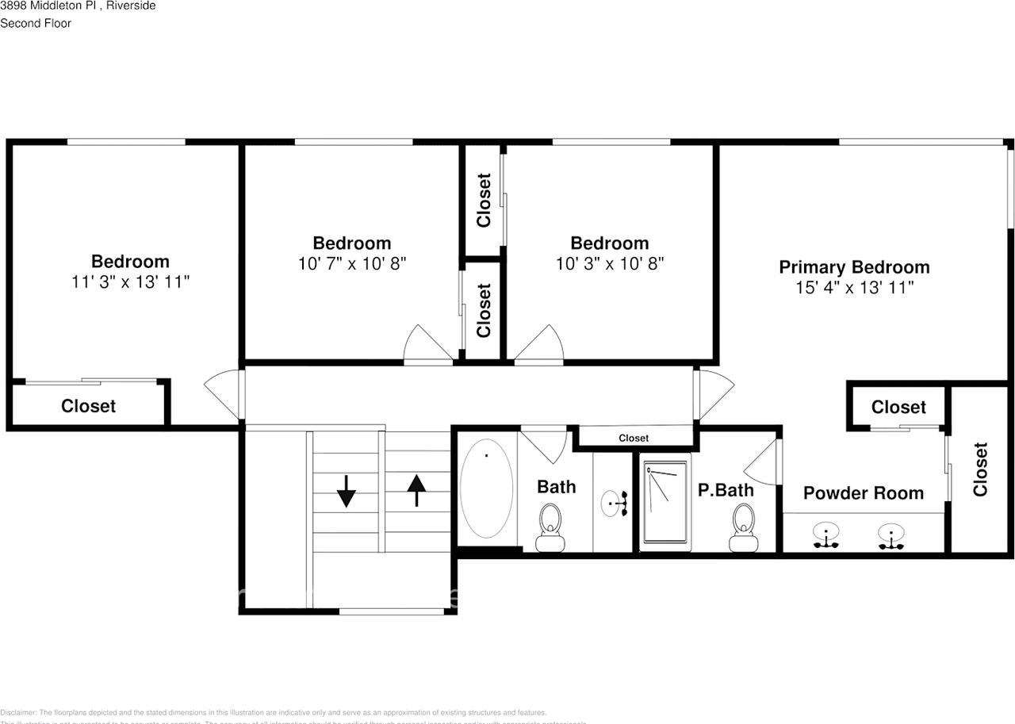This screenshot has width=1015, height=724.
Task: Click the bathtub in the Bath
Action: pyautogui.click(x=486, y=492)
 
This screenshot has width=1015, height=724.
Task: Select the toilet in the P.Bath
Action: pyautogui.click(x=743, y=527)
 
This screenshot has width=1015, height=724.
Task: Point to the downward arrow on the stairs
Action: pyautogui.click(x=347, y=493)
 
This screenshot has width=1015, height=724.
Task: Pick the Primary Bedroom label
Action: pyautogui.click(x=854, y=267)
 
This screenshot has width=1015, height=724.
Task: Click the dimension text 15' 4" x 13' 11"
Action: pyautogui.click(x=854, y=288)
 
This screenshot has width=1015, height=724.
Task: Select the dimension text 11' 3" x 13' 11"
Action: pyautogui.click(x=130, y=282)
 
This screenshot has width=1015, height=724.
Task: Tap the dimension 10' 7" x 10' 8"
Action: pyautogui.click(x=352, y=263)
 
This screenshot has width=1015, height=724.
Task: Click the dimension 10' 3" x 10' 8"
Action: pyautogui.click(x=609, y=263)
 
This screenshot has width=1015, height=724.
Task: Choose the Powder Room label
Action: pyautogui.click(x=863, y=493)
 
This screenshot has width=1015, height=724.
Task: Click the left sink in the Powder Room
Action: pyautogui.click(x=826, y=536)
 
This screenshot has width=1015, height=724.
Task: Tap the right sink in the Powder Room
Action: pyautogui.click(x=891, y=536)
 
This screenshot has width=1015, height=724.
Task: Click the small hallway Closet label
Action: pyautogui.click(x=633, y=438)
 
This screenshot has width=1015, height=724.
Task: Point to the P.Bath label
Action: pyautogui.click(x=725, y=490)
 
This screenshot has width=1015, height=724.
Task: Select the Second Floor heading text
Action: pyautogui.click(x=36, y=23)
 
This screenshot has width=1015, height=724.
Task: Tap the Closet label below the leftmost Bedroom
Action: pyautogui.click(x=88, y=406)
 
